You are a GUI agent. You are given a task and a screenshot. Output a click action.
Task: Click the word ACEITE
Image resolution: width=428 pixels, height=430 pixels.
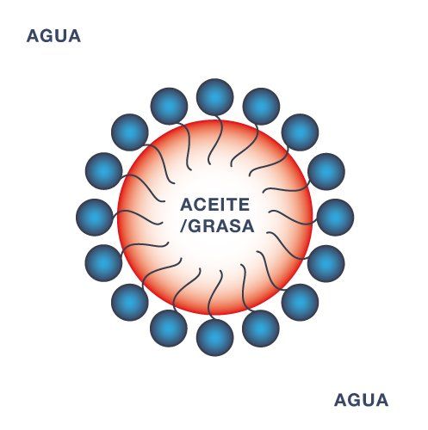[x=214, y=205]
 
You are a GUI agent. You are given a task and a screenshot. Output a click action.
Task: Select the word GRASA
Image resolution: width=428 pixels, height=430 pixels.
[x=221, y=226]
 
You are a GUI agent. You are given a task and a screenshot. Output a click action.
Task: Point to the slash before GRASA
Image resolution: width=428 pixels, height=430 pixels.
[x=184, y=226]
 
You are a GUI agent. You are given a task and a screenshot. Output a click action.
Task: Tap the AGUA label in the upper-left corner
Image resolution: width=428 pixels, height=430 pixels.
[x=53, y=36]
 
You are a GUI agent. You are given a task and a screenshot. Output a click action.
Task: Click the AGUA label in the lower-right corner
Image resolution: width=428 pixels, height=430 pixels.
[x=361, y=400]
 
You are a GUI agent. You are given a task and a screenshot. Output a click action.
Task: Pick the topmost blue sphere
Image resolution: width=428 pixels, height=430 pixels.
[x=215, y=97]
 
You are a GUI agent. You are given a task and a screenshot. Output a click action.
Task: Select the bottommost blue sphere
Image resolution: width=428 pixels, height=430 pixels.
[x=215, y=337]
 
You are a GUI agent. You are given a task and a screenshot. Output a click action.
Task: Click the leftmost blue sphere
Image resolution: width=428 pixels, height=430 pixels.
[x=95, y=217]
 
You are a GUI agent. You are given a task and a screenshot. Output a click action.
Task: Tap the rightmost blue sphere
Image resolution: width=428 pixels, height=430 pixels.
[x=335, y=217]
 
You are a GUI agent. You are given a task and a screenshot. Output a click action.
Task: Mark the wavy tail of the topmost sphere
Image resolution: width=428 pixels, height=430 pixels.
[x=216, y=140]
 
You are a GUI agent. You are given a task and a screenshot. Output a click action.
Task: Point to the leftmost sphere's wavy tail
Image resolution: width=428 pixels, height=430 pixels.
[x=135, y=216]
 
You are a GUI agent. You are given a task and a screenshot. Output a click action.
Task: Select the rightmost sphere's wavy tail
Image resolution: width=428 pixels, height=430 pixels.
[x=295, y=218]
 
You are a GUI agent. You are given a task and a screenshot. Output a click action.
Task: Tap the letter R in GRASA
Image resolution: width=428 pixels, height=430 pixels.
[x=208, y=226]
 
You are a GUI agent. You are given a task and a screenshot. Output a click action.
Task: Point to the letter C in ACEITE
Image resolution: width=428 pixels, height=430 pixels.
[x=200, y=205]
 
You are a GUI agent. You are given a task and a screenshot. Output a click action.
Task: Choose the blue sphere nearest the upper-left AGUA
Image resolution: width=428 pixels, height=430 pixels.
[x=130, y=132]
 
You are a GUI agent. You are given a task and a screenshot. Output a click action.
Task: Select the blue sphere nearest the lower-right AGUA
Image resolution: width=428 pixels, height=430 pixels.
[x=301, y=303]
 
